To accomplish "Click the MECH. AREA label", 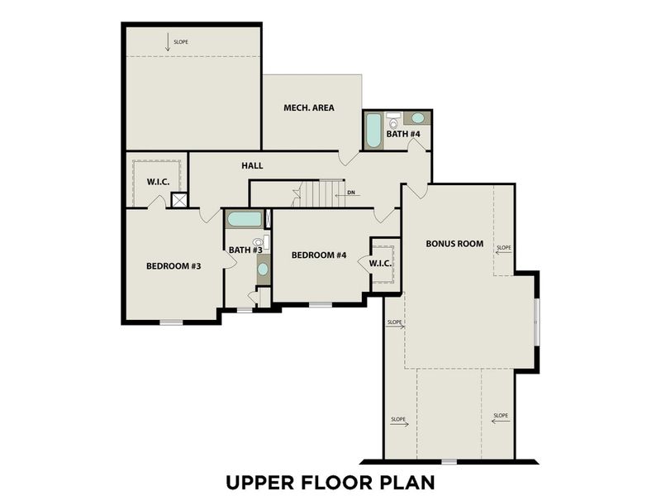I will tap(308, 107).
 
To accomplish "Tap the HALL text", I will tap(252, 166).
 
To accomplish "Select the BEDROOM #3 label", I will tap(174, 265).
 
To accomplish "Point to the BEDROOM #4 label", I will tap(318, 255).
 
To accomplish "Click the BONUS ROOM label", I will tap(454, 244).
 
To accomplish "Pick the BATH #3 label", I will tap(245, 250).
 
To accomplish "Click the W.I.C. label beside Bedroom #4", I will tap(380, 264).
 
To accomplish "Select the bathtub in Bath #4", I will tap(373, 130).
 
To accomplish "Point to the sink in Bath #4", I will tap(418, 118).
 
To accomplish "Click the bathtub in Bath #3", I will tap(244, 219).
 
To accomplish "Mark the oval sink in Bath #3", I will tap(263, 269).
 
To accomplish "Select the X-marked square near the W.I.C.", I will tap(179, 199).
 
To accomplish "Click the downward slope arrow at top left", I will tap(168, 44).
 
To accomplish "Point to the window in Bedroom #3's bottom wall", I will tap(171, 322).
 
